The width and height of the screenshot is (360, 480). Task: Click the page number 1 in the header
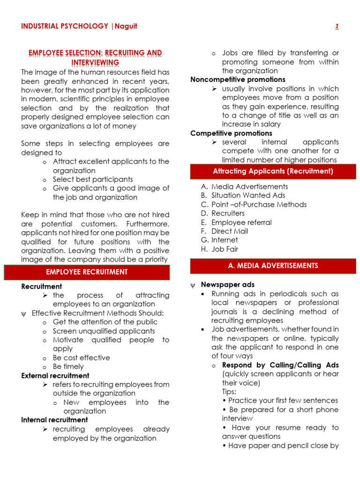coord(337,26)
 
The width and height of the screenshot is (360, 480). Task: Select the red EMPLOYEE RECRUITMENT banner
coord(87,272)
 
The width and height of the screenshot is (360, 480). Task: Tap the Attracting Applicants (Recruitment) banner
coord(273,172)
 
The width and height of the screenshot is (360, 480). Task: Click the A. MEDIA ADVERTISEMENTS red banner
coord(273,266)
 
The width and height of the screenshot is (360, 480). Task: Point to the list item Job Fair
coord(225,249)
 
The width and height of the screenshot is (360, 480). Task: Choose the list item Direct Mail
coord(230,231)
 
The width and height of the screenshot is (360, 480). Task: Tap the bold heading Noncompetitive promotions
coord(238,80)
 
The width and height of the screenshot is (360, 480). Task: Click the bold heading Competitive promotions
coord(231,134)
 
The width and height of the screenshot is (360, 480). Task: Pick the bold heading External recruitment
coord(55,375)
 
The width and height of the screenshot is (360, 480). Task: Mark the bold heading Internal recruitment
coord(54,420)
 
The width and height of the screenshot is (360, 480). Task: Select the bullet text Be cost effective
coord(81,358)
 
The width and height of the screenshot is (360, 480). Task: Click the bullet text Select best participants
coord(93,179)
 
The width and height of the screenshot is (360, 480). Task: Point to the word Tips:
coord(229,391)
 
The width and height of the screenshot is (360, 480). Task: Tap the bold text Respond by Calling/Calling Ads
coord(280,365)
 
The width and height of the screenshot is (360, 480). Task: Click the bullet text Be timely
coord(68,367)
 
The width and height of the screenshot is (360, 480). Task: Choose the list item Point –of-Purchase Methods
coord(259,204)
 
